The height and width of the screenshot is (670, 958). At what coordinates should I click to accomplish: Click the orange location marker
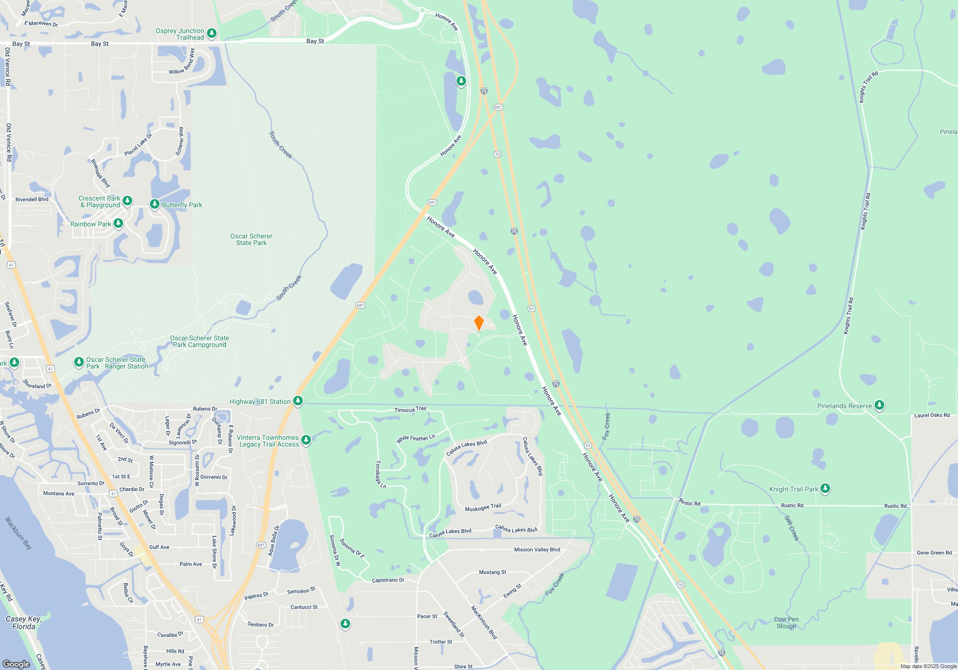[479, 323]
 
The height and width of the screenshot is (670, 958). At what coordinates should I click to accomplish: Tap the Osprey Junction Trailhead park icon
[212, 33]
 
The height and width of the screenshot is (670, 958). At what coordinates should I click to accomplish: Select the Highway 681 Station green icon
[298, 401]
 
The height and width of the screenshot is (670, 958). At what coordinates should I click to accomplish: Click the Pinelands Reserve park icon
[879, 405]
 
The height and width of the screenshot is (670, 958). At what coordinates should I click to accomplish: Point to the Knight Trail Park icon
[825, 488]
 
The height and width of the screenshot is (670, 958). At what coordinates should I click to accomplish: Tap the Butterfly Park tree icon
[154, 204]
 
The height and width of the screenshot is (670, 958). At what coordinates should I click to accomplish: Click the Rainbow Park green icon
[118, 223]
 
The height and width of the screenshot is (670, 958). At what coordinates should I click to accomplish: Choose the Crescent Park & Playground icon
[127, 201]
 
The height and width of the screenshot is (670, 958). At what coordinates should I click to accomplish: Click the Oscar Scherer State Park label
[251, 239]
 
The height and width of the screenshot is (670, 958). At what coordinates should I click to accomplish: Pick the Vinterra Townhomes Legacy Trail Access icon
[306, 440]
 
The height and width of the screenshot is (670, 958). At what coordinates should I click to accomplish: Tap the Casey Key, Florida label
[23, 623]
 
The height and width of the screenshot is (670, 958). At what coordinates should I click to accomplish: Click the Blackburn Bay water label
[18, 533]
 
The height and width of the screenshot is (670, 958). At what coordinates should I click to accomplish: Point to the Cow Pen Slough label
[786, 623]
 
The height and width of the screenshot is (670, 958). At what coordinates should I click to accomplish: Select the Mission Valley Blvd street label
[537, 549]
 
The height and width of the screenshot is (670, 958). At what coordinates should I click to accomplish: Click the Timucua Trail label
[410, 409]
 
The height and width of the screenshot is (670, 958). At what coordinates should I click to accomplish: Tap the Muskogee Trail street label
[483, 507]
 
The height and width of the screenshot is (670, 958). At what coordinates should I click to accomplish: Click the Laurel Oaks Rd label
[932, 415]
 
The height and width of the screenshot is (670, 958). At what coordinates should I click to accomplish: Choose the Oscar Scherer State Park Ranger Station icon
[79, 362]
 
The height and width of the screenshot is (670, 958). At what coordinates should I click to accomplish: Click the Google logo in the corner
[16, 664]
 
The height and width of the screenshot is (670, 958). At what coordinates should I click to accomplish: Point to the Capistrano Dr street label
[388, 580]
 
